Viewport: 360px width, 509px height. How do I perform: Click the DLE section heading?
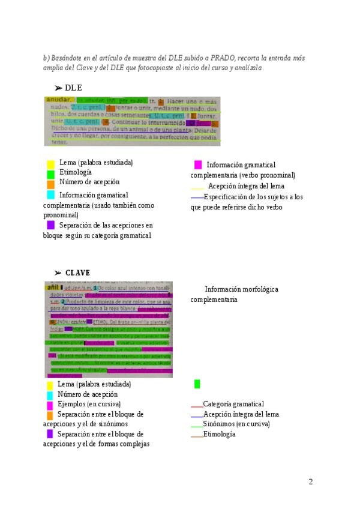(73, 88)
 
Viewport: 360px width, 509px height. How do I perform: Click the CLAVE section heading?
(77, 273)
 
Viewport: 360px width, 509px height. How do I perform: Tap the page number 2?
(311, 481)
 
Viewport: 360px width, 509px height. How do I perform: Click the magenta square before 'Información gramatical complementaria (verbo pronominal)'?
(198, 164)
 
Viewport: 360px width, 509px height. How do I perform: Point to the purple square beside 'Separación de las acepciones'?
(51, 225)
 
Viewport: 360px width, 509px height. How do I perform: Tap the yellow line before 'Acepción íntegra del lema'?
(197, 189)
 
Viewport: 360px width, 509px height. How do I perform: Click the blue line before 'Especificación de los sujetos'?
(197, 197)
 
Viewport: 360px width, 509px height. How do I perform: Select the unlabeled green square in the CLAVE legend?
(197, 384)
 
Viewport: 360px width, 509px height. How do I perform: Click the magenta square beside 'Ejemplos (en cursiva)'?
(50, 405)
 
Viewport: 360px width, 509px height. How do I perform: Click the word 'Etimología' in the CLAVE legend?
(219, 434)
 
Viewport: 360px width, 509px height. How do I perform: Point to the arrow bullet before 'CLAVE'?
(58, 273)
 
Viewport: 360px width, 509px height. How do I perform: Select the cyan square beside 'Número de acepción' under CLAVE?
(50, 395)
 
